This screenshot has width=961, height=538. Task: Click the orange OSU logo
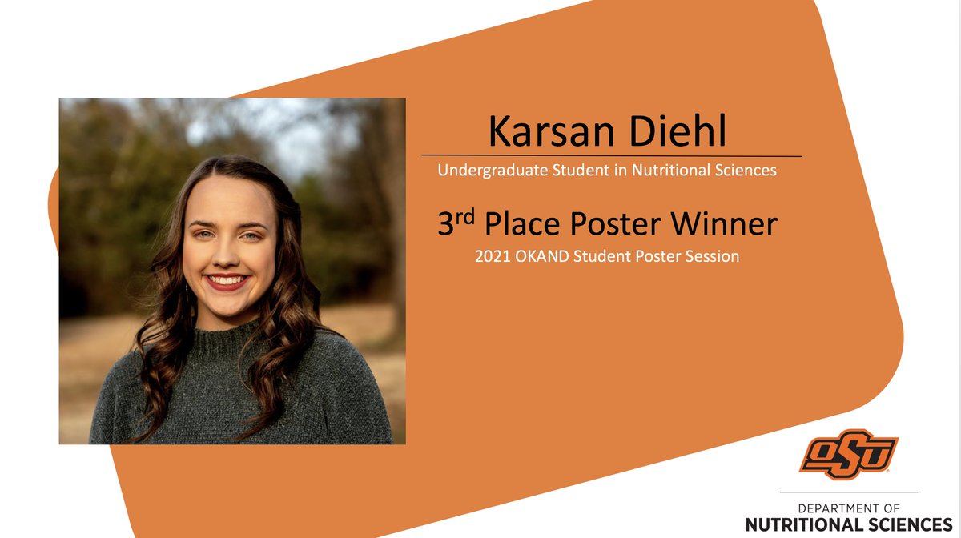coord(848,454)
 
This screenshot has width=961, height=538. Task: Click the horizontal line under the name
coord(611,155)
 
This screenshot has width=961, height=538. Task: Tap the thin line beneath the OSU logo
coord(849,492)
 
